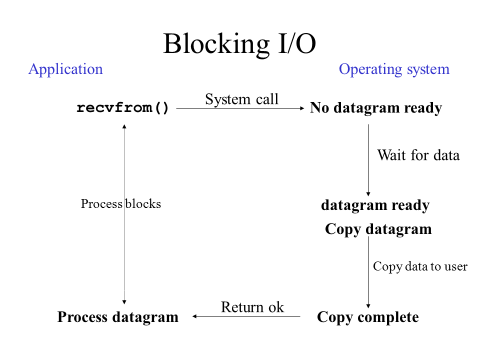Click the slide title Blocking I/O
tap(239, 44)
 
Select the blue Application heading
tap(65, 69)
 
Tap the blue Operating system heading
tap(394, 69)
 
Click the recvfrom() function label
tap(123, 108)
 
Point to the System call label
tap(241, 99)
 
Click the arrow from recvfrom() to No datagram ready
tap(240, 108)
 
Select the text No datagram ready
tap(375, 108)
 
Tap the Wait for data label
tap(418, 155)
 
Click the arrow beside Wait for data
tap(368, 160)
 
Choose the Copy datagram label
tap(378, 229)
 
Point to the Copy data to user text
tap(420, 266)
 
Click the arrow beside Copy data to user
tap(368, 272)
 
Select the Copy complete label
tap(367, 317)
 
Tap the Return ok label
tap(252, 307)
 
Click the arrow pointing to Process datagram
tap(246, 316)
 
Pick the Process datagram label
tap(118, 317)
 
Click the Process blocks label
tap(121, 204)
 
